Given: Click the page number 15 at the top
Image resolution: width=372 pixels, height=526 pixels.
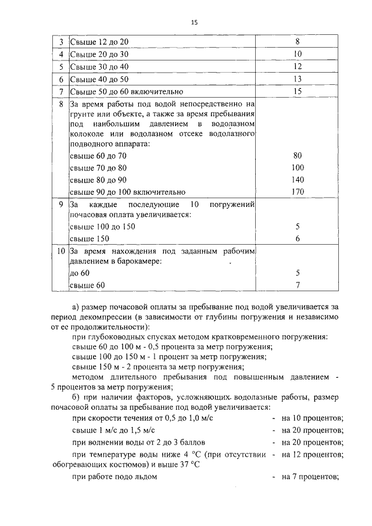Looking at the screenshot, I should coord(194,22).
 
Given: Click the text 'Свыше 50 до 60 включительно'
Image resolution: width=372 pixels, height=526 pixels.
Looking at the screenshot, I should coord(126,91).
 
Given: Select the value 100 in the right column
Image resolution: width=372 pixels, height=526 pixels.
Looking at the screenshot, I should coord(297,167).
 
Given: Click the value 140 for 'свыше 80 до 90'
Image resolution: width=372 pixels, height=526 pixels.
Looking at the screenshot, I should coord(297,180).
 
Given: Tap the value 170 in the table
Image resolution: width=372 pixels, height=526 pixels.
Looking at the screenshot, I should coord(297,192).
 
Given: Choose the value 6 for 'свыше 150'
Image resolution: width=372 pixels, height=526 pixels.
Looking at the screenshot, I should coord(297,238).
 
